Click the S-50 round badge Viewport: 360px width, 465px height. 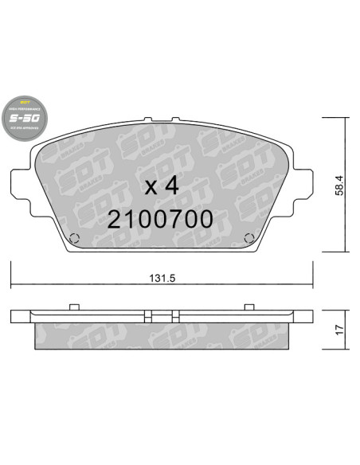pos(24,118)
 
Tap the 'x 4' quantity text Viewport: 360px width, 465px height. pos(162,186)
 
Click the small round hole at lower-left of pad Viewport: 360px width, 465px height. pos(73,237)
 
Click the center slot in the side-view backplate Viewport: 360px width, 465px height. pos(162,312)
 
